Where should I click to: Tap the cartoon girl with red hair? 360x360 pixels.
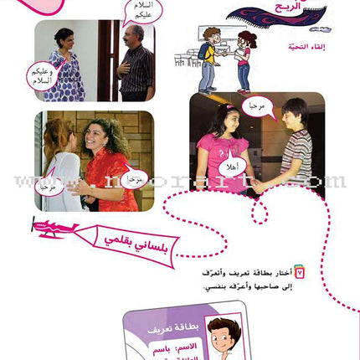click(x=244, y=59)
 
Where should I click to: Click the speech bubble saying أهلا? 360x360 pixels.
click(x=239, y=165)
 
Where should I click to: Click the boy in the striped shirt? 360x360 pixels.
click(x=293, y=147)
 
